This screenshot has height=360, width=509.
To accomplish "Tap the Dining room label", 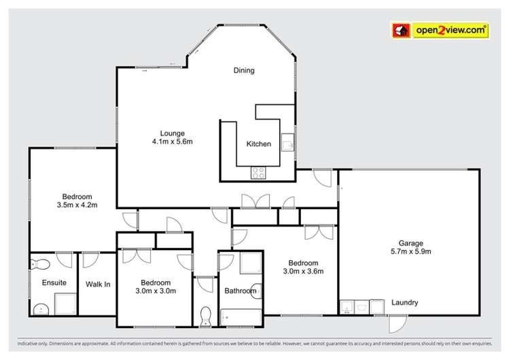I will tap(244, 69).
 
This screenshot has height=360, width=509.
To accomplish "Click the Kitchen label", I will tap(258, 144).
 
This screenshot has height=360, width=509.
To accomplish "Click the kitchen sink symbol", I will tap(289, 141).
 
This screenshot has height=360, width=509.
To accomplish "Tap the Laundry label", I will tap(404, 303).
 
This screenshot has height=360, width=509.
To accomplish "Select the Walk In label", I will tap(98, 284).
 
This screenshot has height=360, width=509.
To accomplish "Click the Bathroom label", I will tap(241, 291).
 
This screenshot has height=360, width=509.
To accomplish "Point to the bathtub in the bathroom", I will tap(241, 316).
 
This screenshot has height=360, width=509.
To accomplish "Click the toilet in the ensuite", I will tap(41, 264).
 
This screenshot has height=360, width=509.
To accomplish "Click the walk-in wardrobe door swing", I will tap(88, 261).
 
